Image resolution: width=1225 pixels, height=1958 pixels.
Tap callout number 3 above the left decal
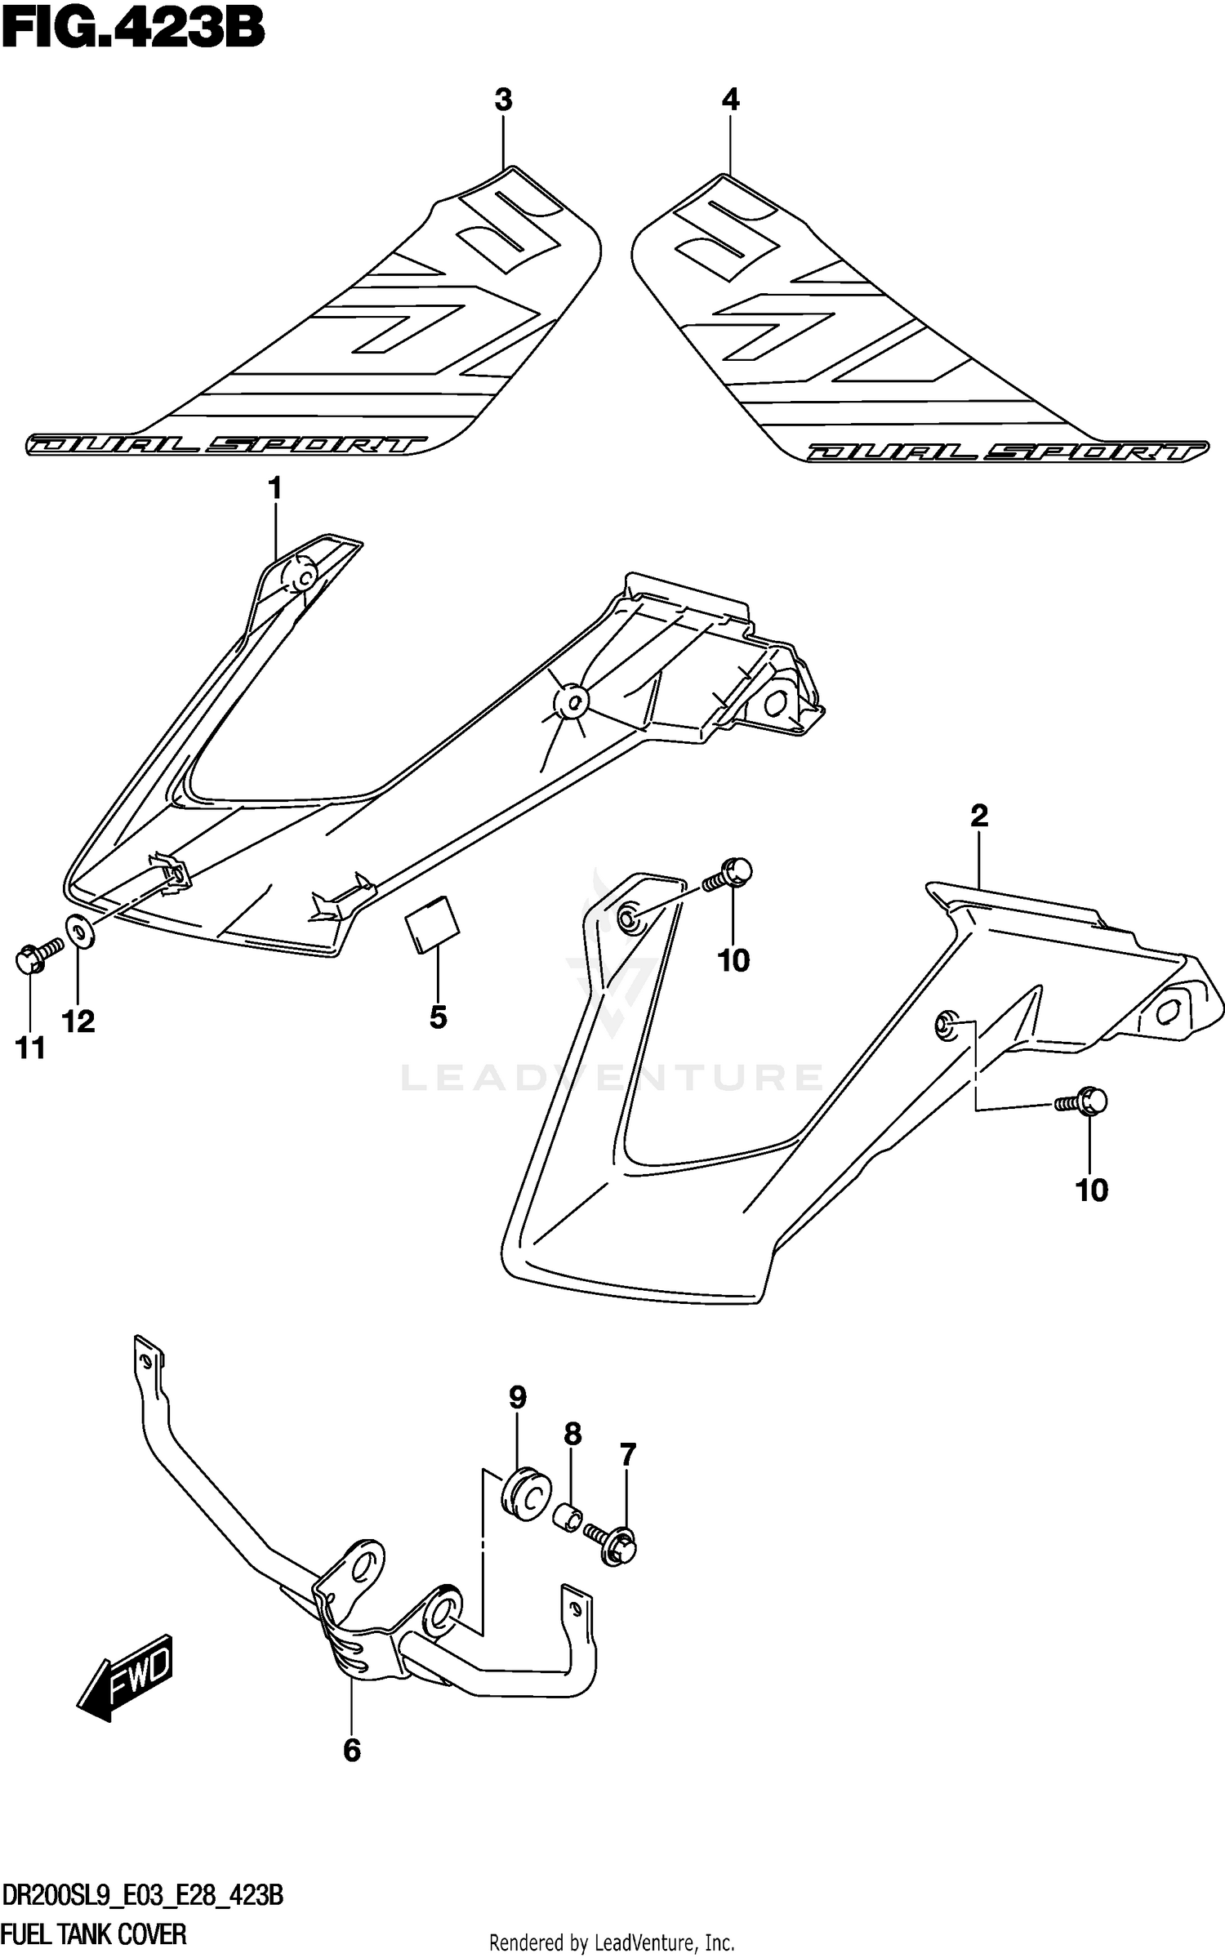[503, 100]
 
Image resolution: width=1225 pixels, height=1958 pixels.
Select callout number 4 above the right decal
[730, 100]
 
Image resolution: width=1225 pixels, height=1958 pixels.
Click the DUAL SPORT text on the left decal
[226, 445]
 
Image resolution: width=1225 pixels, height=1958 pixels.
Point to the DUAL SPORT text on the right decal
[1007, 452]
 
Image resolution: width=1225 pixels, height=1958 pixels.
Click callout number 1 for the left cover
[274, 489]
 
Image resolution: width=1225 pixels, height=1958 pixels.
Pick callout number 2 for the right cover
[979, 815]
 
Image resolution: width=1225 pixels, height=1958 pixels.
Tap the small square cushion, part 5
[433, 924]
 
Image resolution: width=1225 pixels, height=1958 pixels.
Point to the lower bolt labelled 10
[1083, 1102]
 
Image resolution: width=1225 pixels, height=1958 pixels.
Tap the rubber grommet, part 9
[523, 1494]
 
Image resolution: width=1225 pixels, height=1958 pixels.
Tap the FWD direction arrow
[127, 1675]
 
